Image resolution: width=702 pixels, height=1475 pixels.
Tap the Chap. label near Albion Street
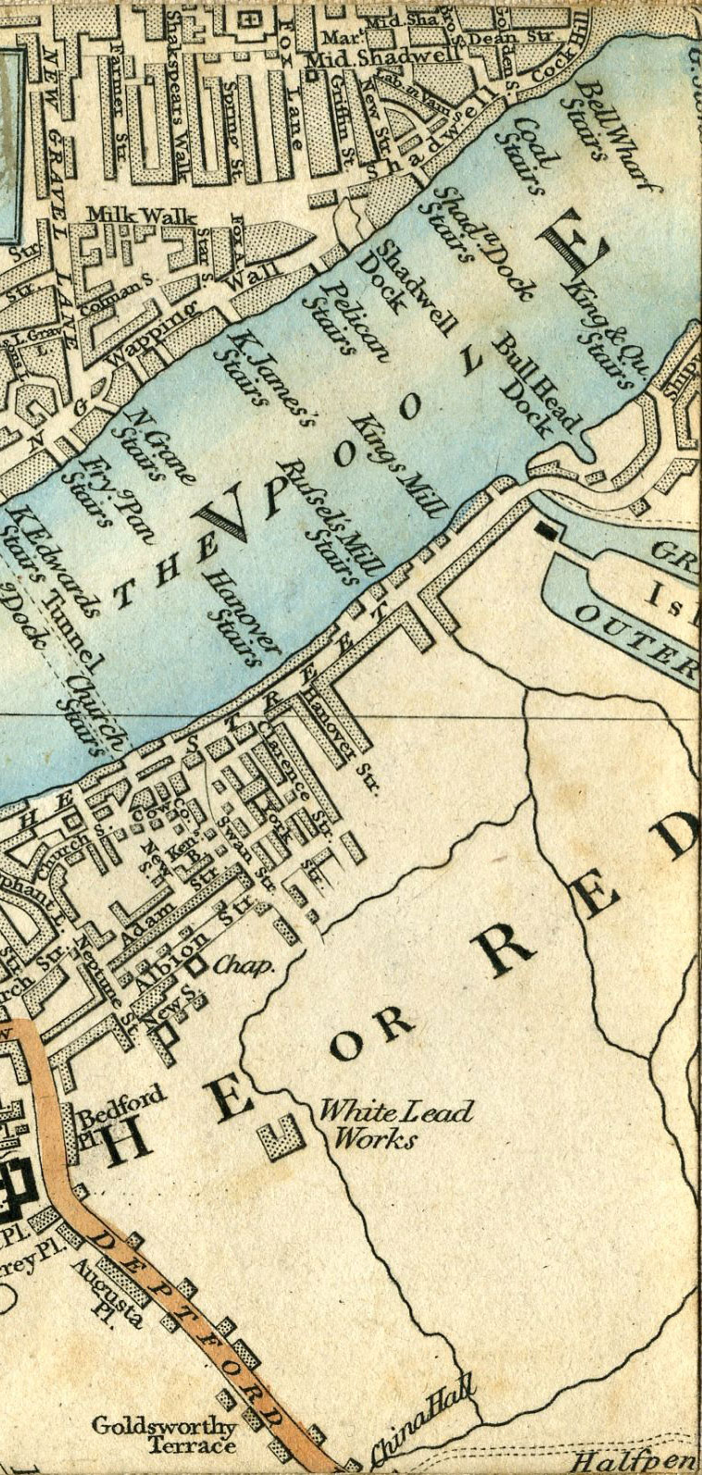coord(244,966)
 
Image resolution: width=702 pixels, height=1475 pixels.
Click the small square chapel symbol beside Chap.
coord(196,965)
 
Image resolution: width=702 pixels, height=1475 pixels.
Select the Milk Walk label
coord(142,216)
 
